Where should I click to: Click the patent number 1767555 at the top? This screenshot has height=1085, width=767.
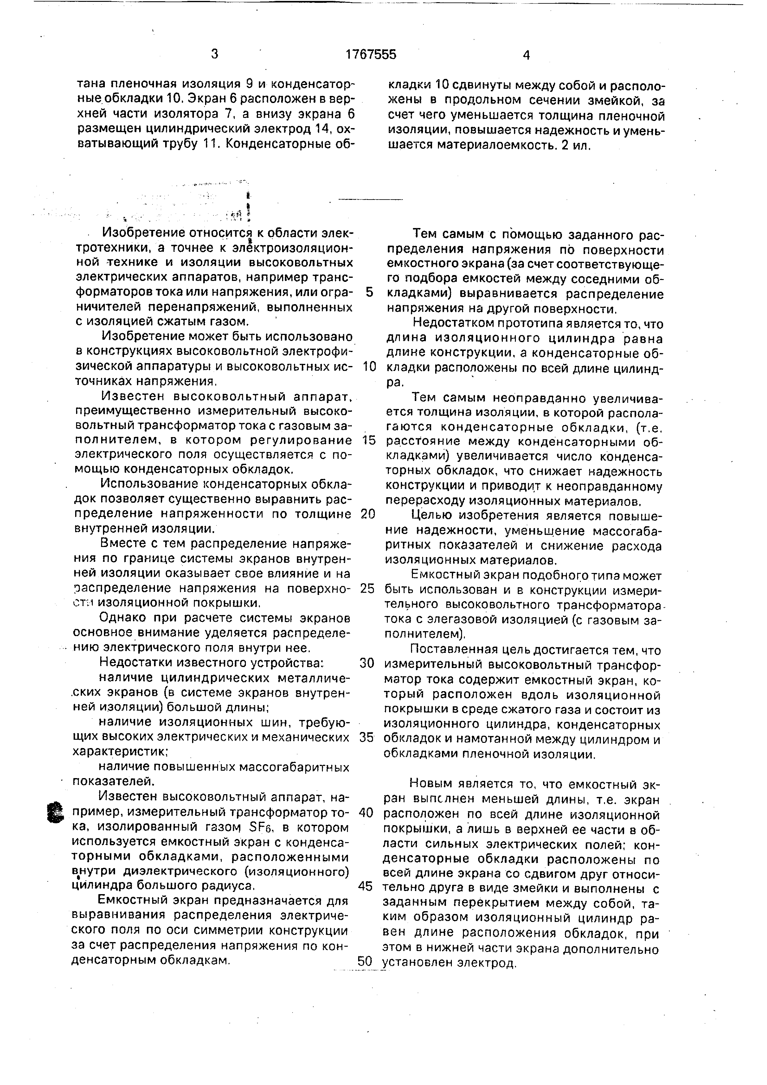click(x=371, y=55)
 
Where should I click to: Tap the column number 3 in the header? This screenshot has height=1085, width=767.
click(x=215, y=54)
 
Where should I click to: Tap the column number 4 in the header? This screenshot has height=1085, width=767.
click(x=527, y=55)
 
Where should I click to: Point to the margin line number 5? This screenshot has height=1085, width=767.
click(x=369, y=292)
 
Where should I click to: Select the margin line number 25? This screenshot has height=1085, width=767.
click(x=367, y=588)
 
